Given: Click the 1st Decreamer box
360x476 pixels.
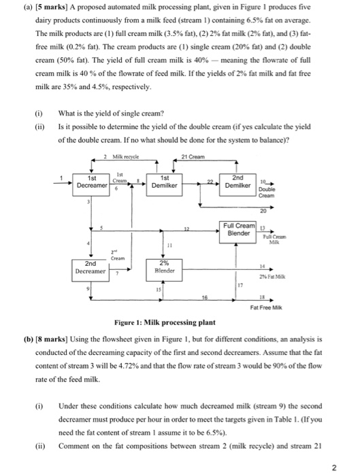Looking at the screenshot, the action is click(x=91, y=185).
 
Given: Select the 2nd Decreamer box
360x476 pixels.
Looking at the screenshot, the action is click(x=91, y=271).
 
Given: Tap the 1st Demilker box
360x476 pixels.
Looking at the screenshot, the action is click(x=165, y=185).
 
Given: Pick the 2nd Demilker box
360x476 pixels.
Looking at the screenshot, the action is click(x=238, y=185).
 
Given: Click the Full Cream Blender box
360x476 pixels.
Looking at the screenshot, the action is click(x=238, y=233).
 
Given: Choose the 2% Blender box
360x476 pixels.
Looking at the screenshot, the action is click(x=165, y=270).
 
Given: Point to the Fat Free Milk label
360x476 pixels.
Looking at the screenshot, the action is click(x=266, y=307).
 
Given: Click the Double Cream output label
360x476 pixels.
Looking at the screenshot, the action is click(x=267, y=192).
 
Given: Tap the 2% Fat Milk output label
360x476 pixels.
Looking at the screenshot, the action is click(x=272, y=277).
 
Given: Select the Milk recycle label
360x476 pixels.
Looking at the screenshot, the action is click(x=125, y=156).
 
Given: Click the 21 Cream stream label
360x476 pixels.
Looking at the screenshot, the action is click(x=193, y=156).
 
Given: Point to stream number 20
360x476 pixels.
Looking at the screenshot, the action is click(x=263, y=211).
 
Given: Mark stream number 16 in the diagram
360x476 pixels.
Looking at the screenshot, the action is click(x=205, y=297).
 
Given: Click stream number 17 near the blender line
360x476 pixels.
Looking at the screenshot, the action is click(x=240, y=285).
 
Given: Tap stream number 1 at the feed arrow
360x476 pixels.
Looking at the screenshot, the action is click(x=61, y=178).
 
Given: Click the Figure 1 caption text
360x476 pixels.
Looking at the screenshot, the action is click(x=165, y=322).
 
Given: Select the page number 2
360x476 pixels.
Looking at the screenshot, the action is click(x=334, y=468).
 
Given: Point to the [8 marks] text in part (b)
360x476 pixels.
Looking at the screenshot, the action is click(x=51, y=339).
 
